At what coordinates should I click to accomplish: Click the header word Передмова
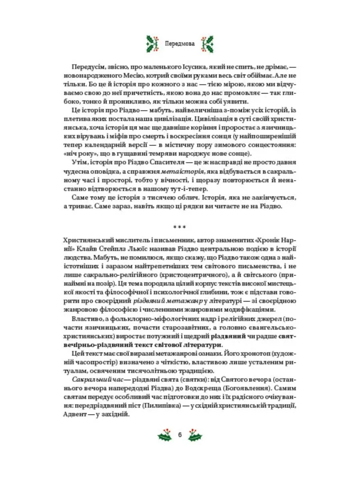[x=180, y=43]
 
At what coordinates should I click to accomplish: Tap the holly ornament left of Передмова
[x=153, y=43]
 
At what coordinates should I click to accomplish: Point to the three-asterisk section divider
[x=180, y=228]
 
